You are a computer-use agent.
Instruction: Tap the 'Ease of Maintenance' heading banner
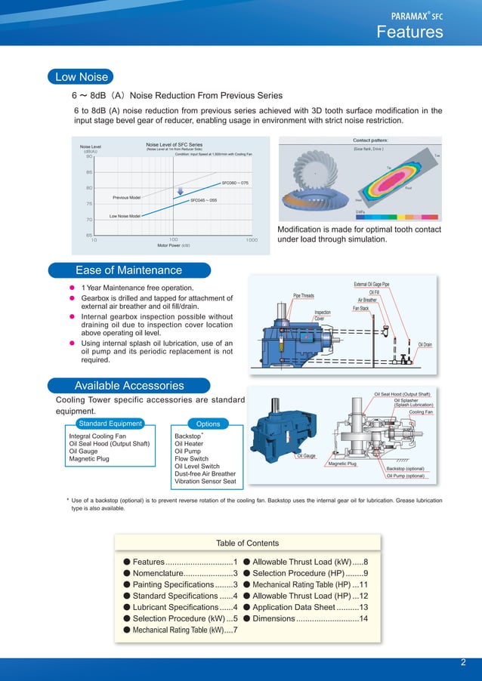coord(128,270)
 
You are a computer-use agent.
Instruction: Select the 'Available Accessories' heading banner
coord(128,385)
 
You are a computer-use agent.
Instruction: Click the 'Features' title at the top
coord(409,32)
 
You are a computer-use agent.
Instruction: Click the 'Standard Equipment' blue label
coord(110,424)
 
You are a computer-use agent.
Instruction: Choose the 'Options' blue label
coord(208,424)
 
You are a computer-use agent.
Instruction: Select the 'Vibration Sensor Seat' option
coord(205,481)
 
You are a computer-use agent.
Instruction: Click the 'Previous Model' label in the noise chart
coord(126,198)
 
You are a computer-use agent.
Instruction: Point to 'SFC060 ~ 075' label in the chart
coord(235,183)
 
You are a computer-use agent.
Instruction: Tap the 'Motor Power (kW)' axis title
coord(173,245)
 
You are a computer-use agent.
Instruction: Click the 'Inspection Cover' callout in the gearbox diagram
coord(323,315)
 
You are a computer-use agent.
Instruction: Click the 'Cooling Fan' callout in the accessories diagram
coord(421,412)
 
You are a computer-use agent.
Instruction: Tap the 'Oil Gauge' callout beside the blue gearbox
coord(305,455)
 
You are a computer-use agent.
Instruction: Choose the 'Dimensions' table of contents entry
coord(311,618)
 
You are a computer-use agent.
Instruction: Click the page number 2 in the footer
coord(462,663)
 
